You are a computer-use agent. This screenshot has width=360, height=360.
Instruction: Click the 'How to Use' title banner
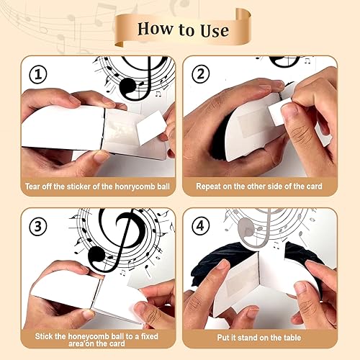pos(182,30)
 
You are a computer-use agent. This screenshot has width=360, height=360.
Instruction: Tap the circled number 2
pos(199,75)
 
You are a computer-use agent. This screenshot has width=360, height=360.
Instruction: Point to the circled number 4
pos(199,226)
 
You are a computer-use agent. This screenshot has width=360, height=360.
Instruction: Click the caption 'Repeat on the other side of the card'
pos(259,186)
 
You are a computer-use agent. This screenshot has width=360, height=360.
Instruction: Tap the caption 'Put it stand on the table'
pos(259,336)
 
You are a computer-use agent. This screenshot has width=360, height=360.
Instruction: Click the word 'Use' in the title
pos(212,30)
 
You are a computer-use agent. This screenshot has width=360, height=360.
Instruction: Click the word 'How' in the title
pos(153,30)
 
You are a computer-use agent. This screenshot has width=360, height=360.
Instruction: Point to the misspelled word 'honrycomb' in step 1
pos(140,186)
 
